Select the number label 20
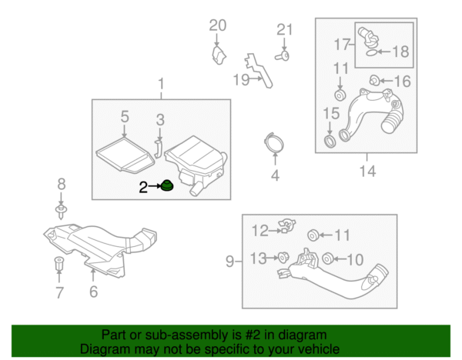point(218,25)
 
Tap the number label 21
point(285,30)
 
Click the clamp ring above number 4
point(273,143)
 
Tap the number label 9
point(229,262)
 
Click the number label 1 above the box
point(162,83)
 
